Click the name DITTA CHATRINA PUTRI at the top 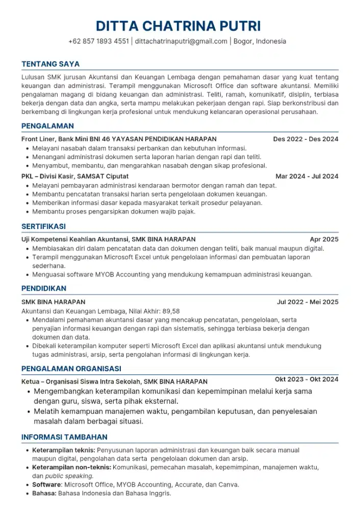click(179, 25)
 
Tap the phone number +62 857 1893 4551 click(98, 41)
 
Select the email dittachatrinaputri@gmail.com click(181, 41)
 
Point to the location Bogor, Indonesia click(260, 41)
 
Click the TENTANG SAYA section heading click(50, 64)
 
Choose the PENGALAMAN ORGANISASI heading click(71, 369)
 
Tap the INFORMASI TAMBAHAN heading click(64, 437)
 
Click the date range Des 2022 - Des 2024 click(305, 139)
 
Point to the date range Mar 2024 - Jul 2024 click(306, 176)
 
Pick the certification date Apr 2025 click(324, 239)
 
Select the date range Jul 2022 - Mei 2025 click(307, 302)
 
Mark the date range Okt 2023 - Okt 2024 click(306, 379)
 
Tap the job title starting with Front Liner click(119, 139)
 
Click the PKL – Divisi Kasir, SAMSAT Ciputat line click(74, 176)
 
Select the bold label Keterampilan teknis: click(64, 450)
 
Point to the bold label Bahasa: click(44, 494)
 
